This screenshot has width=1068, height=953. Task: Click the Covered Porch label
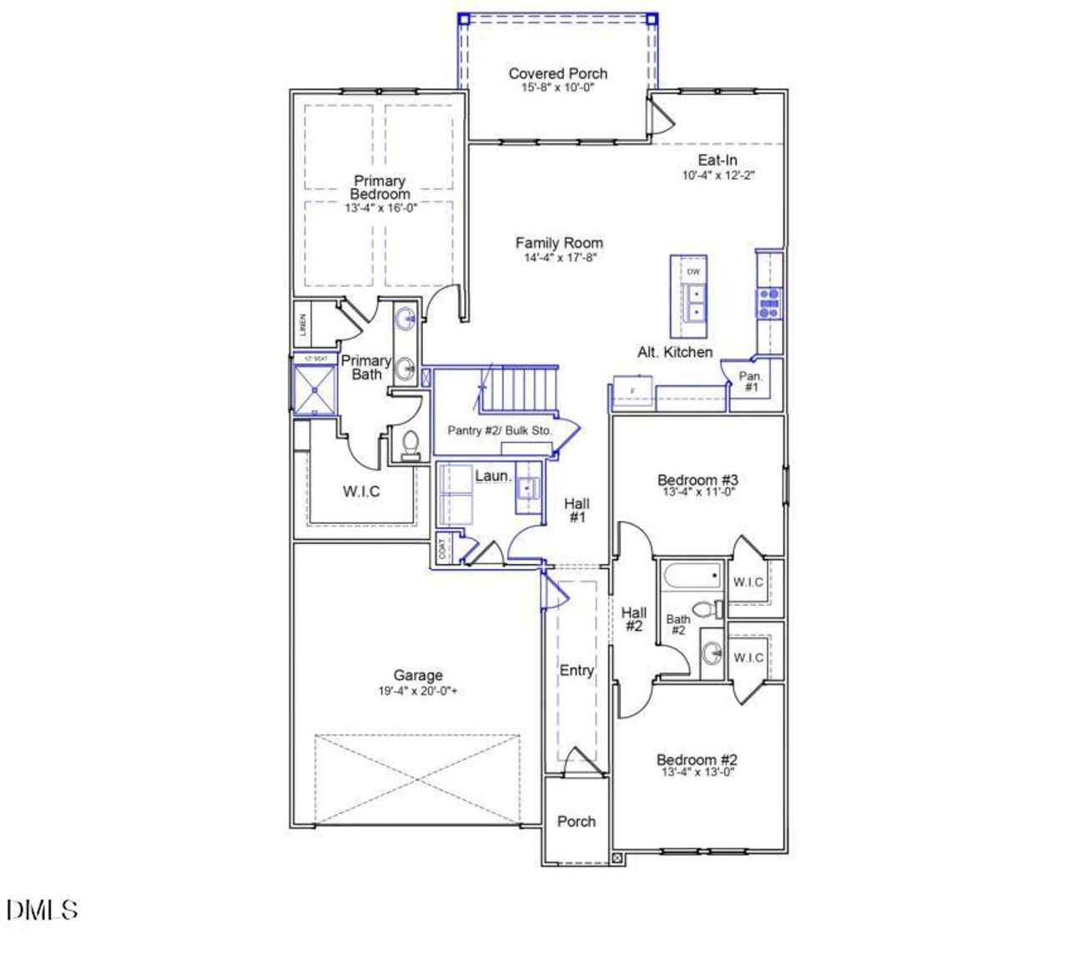point(557,73)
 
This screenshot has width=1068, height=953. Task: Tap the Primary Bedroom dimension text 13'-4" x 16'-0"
point(380,208)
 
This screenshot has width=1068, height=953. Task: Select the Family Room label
point(559,243)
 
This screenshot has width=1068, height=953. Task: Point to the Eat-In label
point(718,160)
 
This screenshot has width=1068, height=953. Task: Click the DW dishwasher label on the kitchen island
point(693,272)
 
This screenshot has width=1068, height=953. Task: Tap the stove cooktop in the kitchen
point(769,302)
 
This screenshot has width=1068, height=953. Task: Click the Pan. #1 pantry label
point(750,382)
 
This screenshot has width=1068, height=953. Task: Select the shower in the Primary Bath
point(314,390)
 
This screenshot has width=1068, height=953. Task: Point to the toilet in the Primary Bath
point(410,445)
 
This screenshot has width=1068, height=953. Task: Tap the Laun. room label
point(493,476)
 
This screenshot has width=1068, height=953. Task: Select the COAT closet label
point(442,548)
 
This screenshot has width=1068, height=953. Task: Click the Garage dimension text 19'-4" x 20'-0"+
point(418,691)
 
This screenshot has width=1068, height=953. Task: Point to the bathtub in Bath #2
point(692,577)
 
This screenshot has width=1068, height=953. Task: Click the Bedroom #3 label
point(698,480)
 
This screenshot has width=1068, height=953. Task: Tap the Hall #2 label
point(633,619)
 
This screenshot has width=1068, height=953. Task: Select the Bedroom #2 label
point(697,759)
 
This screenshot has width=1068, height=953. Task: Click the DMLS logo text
point(43,909)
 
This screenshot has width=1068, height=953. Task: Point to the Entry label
point(577,670)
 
